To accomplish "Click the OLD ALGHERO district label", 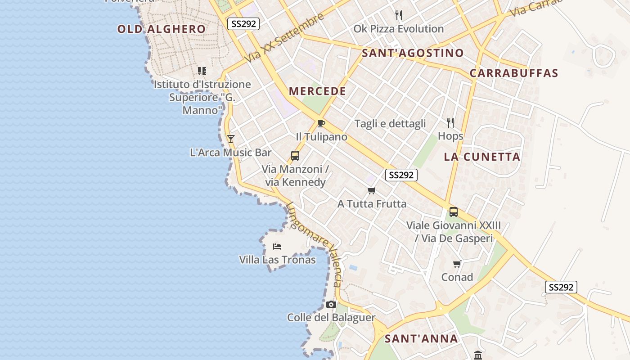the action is click(161, 29).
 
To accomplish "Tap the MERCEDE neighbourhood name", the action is click(317, 91).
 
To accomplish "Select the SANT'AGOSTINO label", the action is click(413, 53).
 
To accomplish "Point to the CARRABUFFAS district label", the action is click(514, 73).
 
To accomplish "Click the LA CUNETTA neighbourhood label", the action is click(482, 157).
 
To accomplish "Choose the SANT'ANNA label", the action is click(421, 339).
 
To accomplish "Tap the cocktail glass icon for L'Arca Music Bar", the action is click(231, 139).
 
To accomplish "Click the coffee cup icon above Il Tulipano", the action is click(321, 123).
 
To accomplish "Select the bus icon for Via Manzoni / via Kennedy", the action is click(295, 156).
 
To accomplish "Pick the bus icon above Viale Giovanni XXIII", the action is click(454, 211).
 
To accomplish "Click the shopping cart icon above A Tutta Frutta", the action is click(371, 191).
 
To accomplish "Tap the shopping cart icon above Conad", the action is click(457, 264).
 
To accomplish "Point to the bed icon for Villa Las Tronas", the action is click(277, 247).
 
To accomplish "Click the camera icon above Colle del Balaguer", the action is click(331, 305).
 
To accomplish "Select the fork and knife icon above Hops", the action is click(450, 122).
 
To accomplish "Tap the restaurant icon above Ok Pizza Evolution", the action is click(398, 15).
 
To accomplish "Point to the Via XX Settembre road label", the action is click(284, 38).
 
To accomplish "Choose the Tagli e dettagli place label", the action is click(390, 124).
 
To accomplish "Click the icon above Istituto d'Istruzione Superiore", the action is click(202, 71).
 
